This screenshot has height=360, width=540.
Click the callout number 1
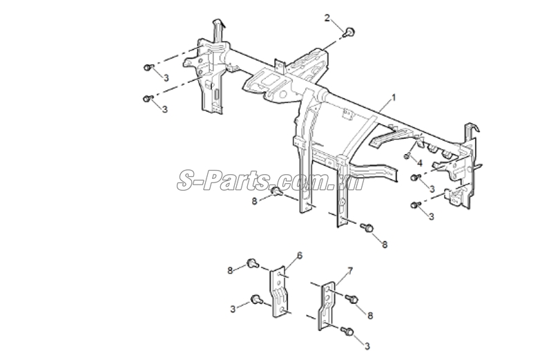(x=394, y=98)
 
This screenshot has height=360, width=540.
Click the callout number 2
(x=327, y=18)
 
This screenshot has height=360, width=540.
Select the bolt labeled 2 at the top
(x=349, y=32)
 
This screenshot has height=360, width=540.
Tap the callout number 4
(x=419, y=162)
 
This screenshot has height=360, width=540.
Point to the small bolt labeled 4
(x=407, y=156)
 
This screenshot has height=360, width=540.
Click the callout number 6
(x=300, y=255)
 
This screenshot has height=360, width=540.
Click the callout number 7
(x=350, y=271)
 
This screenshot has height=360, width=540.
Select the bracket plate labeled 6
(x=279, y=292)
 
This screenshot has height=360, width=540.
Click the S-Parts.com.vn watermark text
(x=271, y=181)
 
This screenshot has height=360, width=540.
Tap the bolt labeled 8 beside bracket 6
(x=253, y=264)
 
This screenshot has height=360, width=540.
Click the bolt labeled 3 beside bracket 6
(x=257, y=299)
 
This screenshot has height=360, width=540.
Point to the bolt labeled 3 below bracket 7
(x=347, y=331)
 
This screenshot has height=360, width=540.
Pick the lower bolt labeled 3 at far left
(x=148, y=99)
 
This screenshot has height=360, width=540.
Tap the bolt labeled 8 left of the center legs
(x=276, y=191)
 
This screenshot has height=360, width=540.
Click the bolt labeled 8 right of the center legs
(x=367, y=227)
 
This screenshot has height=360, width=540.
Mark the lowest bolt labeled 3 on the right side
(x=416, y=205)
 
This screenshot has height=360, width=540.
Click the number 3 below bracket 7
(x=367, y=346)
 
